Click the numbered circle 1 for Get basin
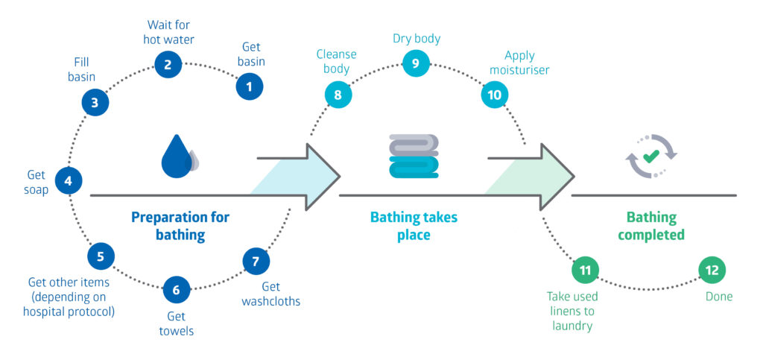click(x=250, y=86)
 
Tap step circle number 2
click(x=168, y=64)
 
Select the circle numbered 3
click(x=95, y=103)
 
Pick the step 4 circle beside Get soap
click(x=68, y=180)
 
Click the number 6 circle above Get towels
click(x=176, y=289)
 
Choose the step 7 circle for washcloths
click(x=256, y=262)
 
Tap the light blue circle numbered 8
click(x=338, y=95)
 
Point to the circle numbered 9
click(x=416, y=63)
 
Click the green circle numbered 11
click(x=585, y=269)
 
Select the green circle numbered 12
click(x=712, y=270)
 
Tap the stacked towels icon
click(x=414, y=156)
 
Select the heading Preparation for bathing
click(x=180, y=226)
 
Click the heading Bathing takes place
click(x=414, y=226)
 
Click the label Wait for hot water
click(x=168, y=33)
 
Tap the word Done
click(x=719, y=297)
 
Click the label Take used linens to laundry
click(x=572, y=311)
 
